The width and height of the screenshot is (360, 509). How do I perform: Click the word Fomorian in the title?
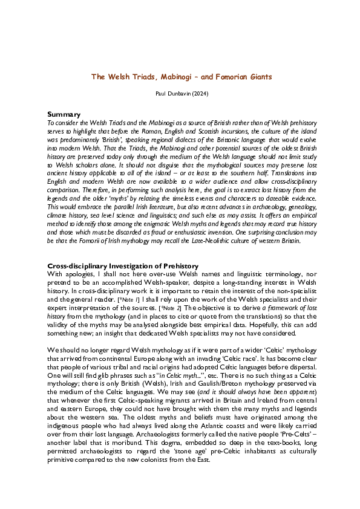pyautogui.click(x=225, y=77)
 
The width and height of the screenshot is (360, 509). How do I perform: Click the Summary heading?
pyautogui.click(x=65, y=114)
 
